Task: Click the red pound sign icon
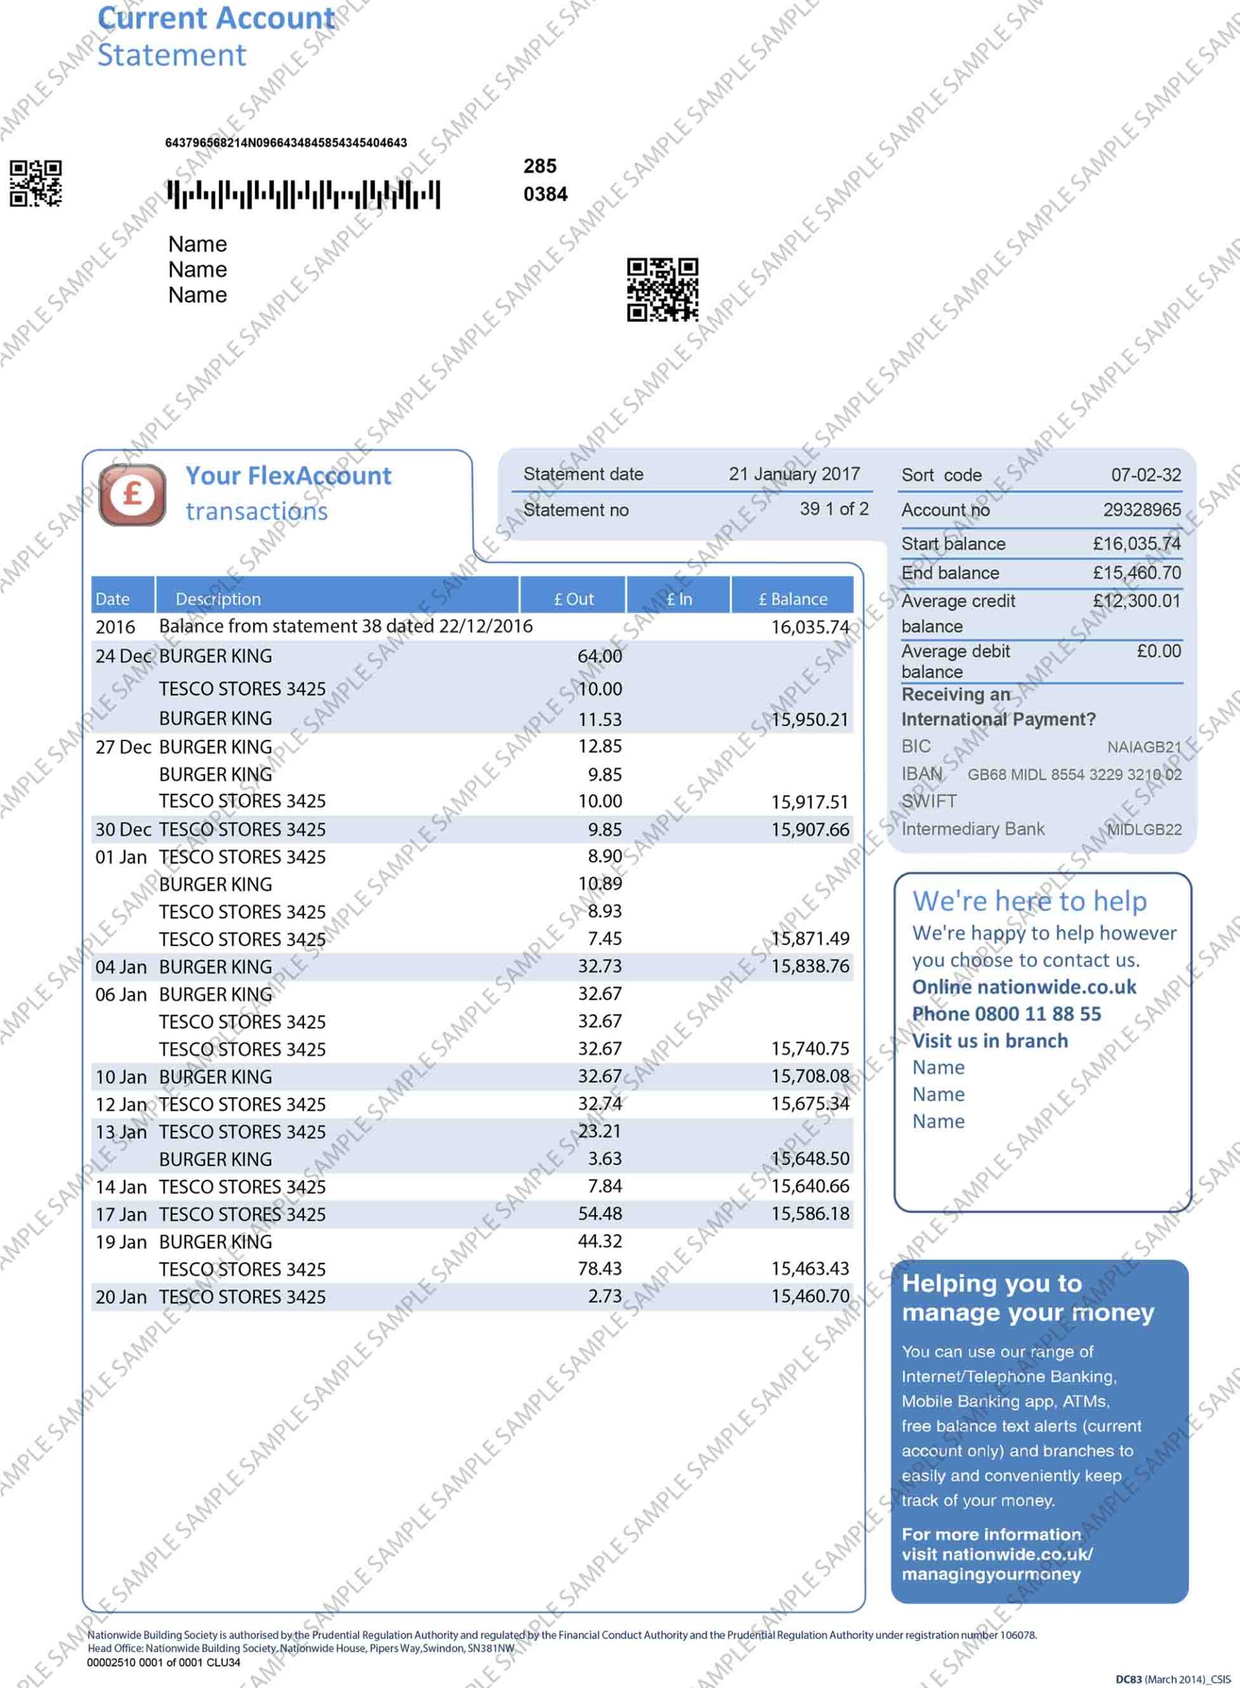[x=132, y=495]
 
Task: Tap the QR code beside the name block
[x=662, y=289]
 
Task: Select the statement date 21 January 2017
[x=794, y=474]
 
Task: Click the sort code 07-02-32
[x=1146, y=475]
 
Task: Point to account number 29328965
[x=1142, y=510]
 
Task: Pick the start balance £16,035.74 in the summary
[x=1137, y=543]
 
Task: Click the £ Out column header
[x=573, y=599]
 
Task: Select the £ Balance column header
[x=792, y=599]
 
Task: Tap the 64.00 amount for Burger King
[x=599, y=656]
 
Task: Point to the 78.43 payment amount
[x=599, y=1269]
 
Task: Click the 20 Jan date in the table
[x=121, y=1297]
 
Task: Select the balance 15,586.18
[x=810, y=1215]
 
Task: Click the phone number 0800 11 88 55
[x=1038, y=1014]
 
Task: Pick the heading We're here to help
[x=1029, y=901]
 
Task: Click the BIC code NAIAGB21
[x=1143, y=747]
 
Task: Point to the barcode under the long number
[x=303, y=195]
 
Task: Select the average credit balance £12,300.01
[x=1136, y=601]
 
